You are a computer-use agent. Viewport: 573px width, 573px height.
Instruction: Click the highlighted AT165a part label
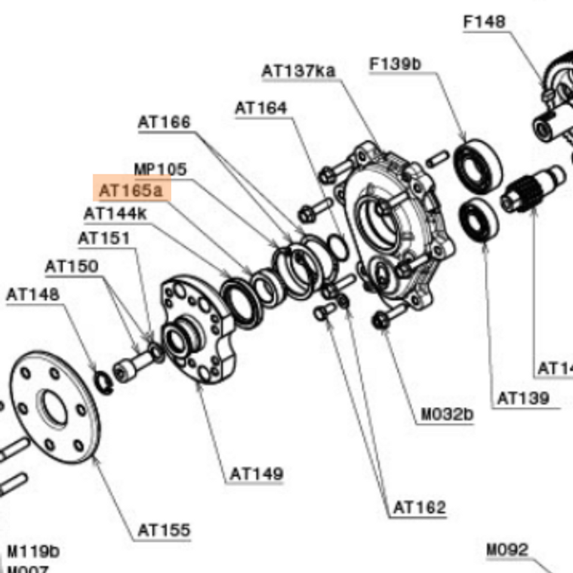click(131, 190)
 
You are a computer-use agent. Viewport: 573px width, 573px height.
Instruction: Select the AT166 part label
click(164, 122)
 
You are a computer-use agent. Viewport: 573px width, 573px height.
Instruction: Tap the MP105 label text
click(160, 169)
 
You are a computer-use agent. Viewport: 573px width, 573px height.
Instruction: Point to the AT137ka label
click(298, 71)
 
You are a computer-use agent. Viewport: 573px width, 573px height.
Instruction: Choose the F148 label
click(484, 22)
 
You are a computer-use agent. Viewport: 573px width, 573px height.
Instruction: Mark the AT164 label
click(261, 108)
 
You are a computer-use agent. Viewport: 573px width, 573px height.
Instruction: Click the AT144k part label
click(115, 213)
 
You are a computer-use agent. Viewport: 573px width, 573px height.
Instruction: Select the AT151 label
click(104, 238)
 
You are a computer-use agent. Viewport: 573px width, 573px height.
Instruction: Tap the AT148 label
click(33, 294)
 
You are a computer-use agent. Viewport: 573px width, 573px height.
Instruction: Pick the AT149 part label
click(257, 474)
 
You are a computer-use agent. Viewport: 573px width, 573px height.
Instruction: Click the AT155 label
click(164, 529)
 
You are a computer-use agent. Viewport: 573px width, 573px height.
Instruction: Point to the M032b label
click(447, 414)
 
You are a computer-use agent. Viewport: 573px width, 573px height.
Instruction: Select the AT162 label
click(420, 507)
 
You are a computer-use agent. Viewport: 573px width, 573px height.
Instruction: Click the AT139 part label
click(523, 398)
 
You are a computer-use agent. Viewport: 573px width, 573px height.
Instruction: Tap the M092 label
click(507, 549)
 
